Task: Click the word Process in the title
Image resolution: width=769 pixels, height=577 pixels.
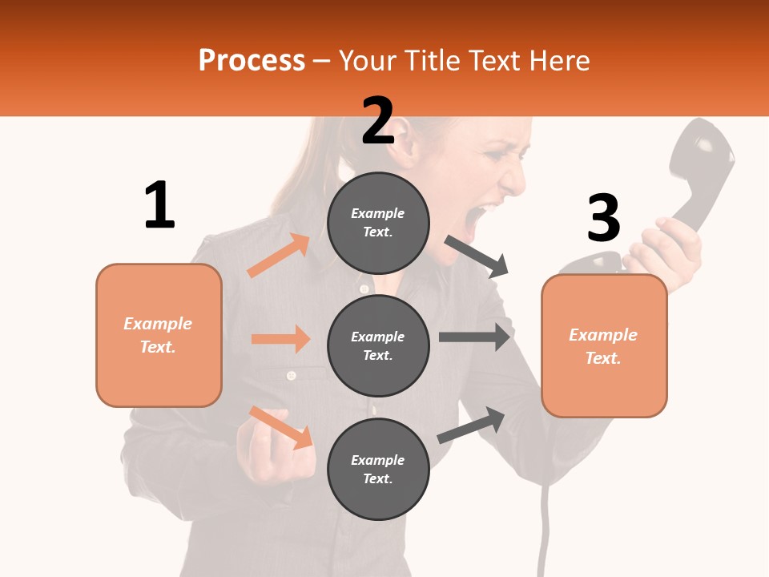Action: tap(252, 60)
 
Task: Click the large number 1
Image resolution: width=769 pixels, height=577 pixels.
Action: tap(159, 205)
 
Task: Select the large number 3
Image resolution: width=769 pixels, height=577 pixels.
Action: tap(603, 219)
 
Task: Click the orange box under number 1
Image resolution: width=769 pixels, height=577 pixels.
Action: tap(159, 335)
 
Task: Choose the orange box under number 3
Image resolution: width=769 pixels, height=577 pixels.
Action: tap(604, 345)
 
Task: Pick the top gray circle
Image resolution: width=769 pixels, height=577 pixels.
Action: tap(378, 223)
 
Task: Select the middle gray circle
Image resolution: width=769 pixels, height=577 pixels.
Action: tap(378, 345)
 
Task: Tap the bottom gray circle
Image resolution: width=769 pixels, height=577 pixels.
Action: tap(378, 469)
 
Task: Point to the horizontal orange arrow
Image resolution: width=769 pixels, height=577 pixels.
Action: tap(280, 339)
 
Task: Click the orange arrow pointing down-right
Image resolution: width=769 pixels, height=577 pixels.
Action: tap(280, 427)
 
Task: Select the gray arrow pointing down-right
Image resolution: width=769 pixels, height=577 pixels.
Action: tap(477, 256)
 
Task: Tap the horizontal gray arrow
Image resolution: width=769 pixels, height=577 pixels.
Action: tap(474, 337)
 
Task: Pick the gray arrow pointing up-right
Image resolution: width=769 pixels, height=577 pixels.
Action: tap(471, 425)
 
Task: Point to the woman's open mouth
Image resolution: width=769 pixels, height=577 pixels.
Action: tap(486, 216)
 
